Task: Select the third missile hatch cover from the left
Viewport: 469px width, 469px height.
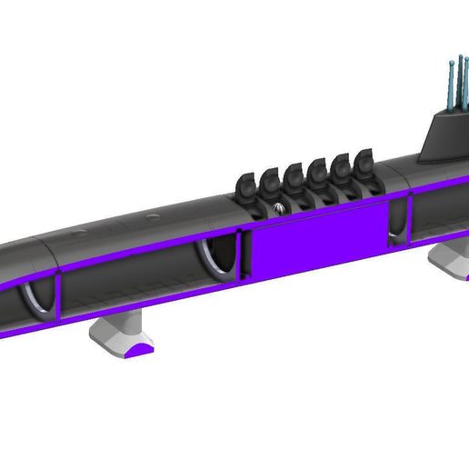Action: tap(294, 175)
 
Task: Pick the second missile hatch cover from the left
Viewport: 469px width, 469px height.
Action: tap(271, 180)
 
